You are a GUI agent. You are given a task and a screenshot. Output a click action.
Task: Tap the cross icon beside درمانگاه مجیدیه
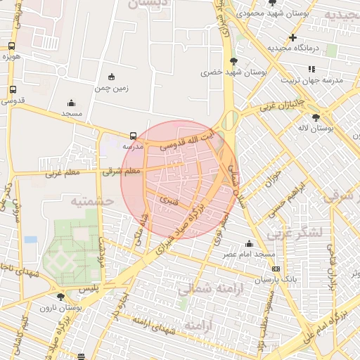coord(292,37)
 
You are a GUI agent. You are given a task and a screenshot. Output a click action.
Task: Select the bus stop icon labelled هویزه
coord(12,46)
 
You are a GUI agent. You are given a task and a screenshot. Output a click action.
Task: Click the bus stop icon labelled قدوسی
coord(13,90)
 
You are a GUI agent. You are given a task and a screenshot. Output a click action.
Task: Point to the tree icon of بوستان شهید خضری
coord(233,61)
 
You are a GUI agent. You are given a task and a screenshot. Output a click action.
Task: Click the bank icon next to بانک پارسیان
coord(276,269)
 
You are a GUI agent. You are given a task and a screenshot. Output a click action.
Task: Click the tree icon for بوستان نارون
coord(60,297)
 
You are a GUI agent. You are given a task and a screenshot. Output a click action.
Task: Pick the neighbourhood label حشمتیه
coord(91,201)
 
